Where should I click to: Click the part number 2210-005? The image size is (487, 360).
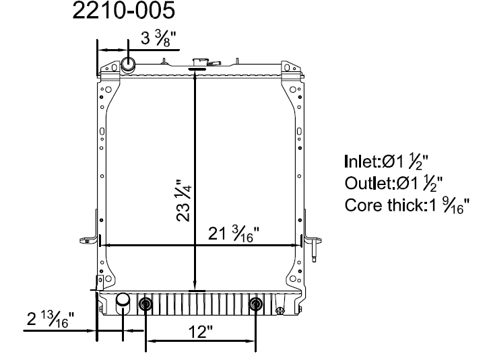[124, 10]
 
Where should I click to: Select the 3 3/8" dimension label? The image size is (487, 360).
[158, 39]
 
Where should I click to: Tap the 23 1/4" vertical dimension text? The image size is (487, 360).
[184, 201]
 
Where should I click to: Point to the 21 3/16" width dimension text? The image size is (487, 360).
[233, 234]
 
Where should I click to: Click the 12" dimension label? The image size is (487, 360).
[201, 332]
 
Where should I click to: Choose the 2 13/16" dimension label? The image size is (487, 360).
[51, 320]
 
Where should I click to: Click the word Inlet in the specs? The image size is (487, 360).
[362, 161]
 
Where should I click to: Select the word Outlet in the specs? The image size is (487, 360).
[369, 183]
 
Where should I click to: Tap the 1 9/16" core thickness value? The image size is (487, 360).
[449, 205]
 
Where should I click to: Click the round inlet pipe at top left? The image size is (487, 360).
[128, 65]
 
